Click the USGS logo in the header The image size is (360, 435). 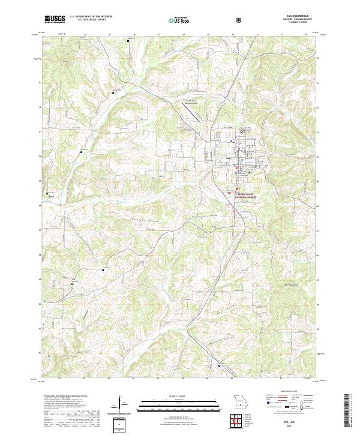click(x=55, y=19)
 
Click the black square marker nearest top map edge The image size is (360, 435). click(x=128, y=41)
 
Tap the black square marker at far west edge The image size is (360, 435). click(x=47, y=193)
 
